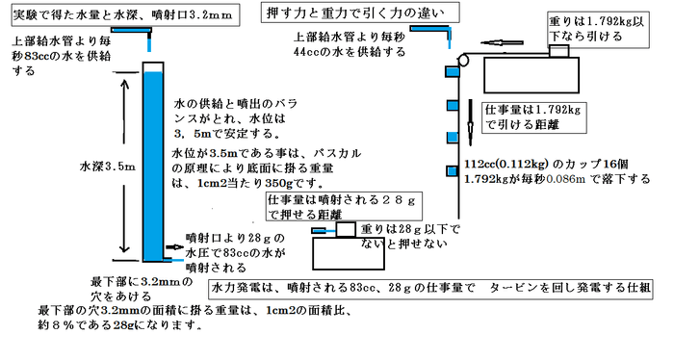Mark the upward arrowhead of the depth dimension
pyautogui.click(x=120, y=85)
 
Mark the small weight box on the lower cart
pyautogui.click(x=341, y=230)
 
